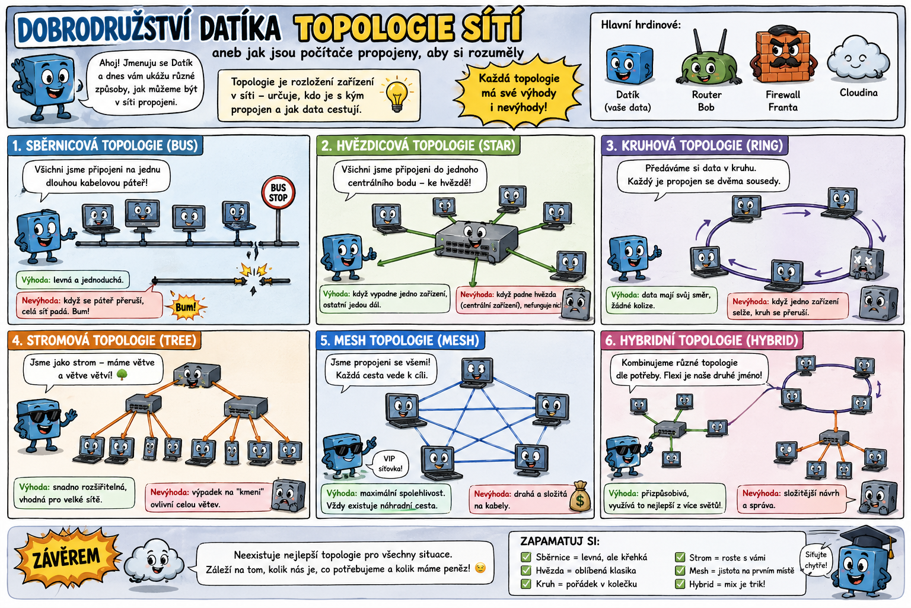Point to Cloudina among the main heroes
point(858,59)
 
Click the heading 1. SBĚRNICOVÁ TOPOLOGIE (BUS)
point(105,145)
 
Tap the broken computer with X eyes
point(866,262)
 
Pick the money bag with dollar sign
point(579,498)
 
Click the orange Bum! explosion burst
point(186,306)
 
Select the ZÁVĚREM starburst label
point(66,558)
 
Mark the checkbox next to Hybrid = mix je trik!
point(680,584)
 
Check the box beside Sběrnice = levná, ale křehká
point(525,557)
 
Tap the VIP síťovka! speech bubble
point(390,463)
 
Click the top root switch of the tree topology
point(196,375)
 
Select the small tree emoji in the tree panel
point(122,375)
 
